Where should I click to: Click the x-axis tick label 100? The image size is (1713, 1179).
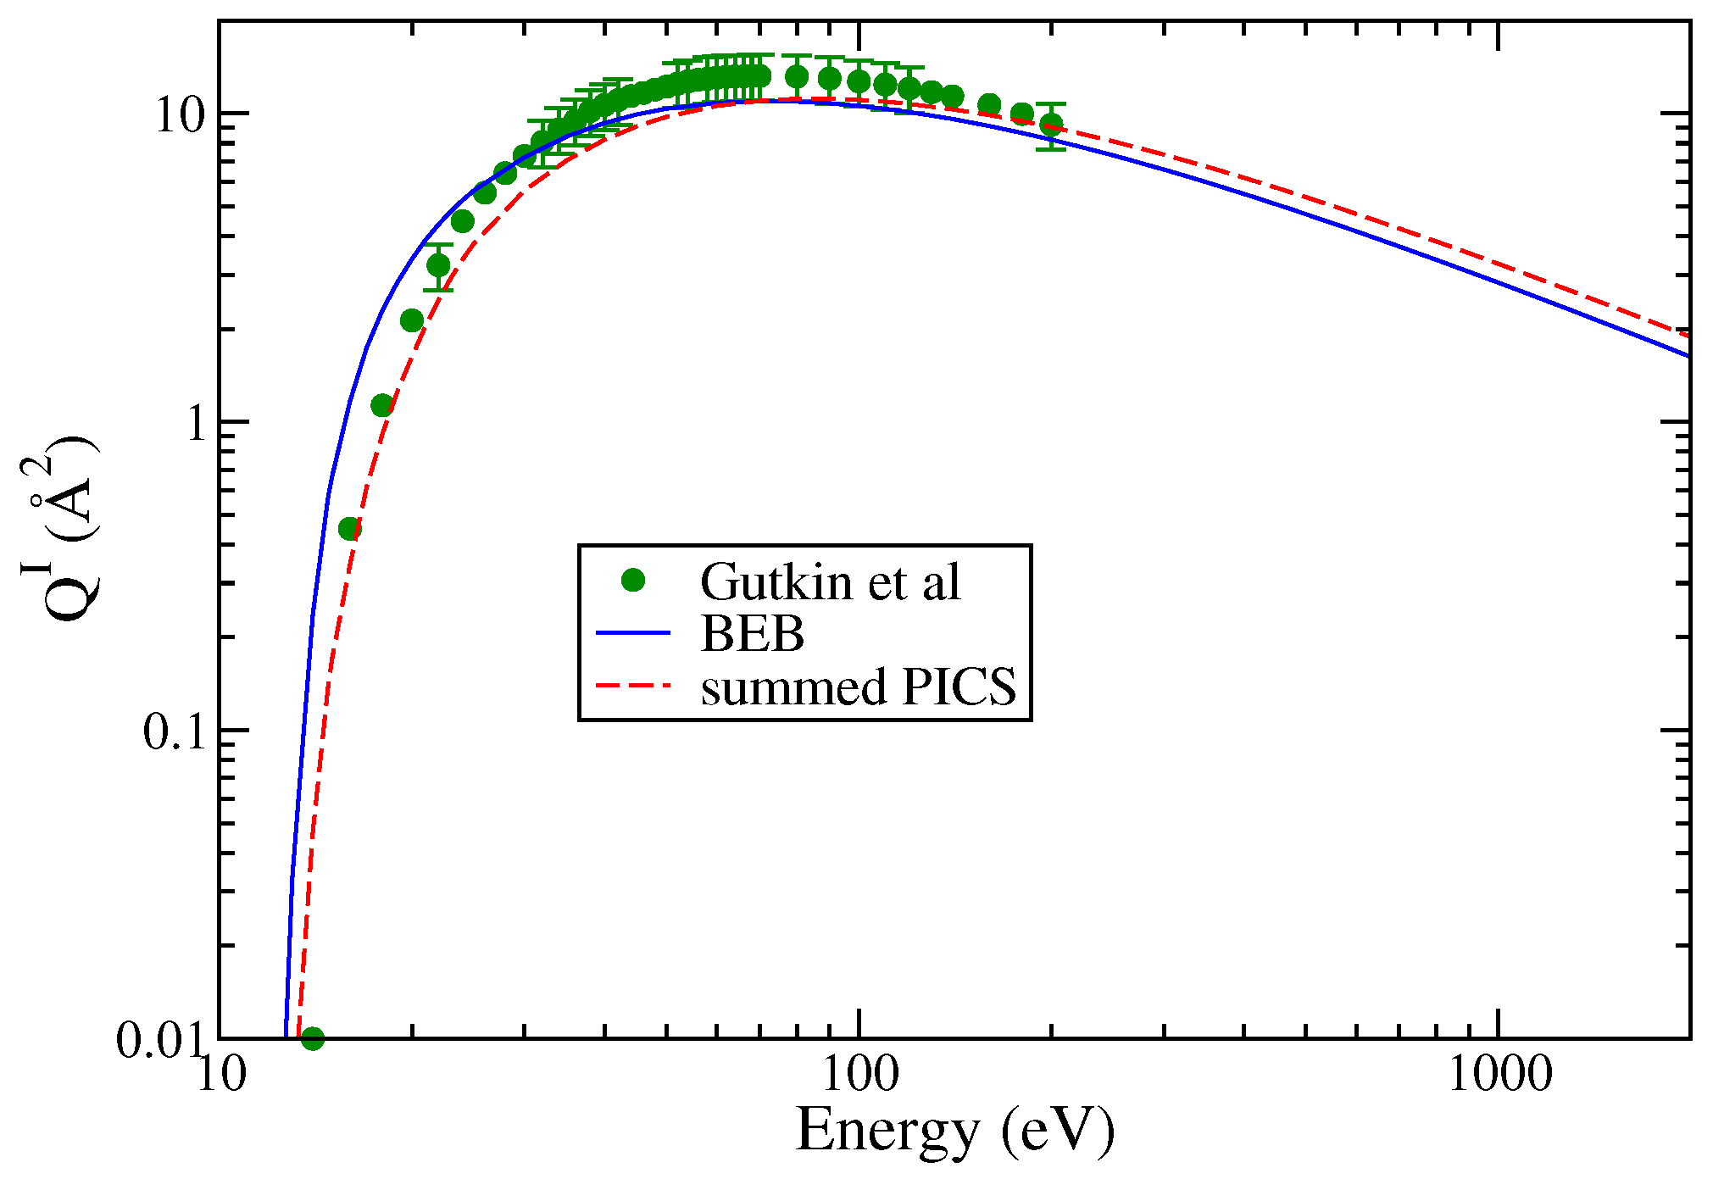pos(859,1074)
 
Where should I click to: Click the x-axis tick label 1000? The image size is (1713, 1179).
pos(1499,1074)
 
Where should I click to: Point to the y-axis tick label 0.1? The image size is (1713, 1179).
pos(174,731)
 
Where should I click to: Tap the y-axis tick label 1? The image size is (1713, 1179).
pos(197,423)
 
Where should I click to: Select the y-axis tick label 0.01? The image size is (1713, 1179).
pos(161,1039)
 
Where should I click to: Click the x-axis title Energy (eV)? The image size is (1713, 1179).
pos(954,1132)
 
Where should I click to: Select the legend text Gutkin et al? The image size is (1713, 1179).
pos(830,582)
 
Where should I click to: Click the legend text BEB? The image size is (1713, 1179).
pos(752,633)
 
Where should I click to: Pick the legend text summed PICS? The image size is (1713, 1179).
pos(858,686)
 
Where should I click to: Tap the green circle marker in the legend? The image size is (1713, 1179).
pos(633,581)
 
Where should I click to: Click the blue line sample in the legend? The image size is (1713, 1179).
pos(633,633)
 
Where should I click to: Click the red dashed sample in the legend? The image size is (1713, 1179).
pos(633,685)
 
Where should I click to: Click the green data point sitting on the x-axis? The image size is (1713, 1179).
pos(313,1038)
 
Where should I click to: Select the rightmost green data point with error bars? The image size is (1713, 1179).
pos(1051,125)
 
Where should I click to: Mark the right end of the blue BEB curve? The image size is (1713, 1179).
pos(1688,356)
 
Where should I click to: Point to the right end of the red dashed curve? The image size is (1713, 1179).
pos(1688,336)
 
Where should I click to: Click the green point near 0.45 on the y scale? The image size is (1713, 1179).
pos(349,529)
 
